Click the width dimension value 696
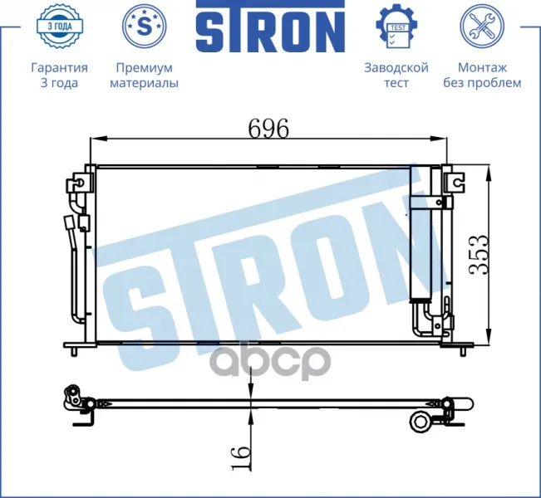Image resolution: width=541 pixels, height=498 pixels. click(268, 128)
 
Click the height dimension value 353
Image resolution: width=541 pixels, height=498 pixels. click(479, 255)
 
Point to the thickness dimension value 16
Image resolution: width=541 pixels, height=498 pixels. click(240, 458)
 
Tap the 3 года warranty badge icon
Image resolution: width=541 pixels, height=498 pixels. click(59, 26)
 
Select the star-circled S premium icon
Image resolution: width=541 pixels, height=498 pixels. click(145, 26)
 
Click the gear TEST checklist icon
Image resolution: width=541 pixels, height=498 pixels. click(396, 27)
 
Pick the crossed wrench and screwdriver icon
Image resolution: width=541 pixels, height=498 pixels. click(482, 27)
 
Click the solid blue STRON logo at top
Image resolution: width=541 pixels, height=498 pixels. click(271, 27)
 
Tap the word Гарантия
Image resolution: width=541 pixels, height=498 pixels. click(59, 67)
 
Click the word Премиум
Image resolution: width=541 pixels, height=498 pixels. click(145, 68)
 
